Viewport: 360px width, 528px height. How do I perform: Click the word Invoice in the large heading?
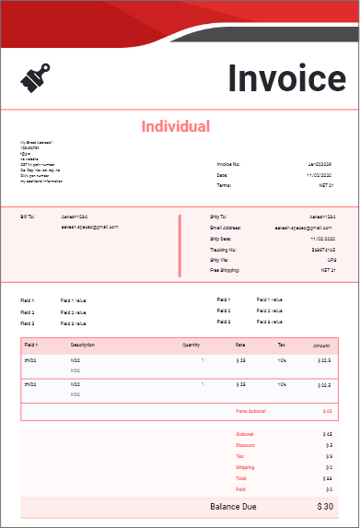tap(286, 78)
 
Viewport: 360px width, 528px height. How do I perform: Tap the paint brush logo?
tap(34, 77)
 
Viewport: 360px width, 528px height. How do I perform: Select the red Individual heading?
tap(175, 126)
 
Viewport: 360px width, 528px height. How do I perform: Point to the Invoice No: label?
tap(228, 164)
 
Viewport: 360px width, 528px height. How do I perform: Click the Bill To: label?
tap(27, 217)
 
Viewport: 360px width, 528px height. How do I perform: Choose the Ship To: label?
tap(217, 217)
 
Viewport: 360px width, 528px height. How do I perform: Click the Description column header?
tap(83, 345)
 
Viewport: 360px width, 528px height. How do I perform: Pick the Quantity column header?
tap(191, 345)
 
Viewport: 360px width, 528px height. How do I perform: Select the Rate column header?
tap(239, 345)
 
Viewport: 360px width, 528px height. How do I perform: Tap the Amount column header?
tap(321, 345)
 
